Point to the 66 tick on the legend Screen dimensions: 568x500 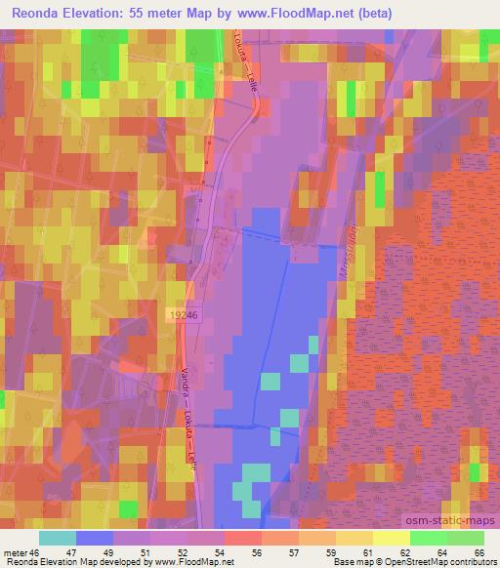click(479, 550)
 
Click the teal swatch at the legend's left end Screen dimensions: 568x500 click(58, 537)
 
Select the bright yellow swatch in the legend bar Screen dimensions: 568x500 click(391, 537)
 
